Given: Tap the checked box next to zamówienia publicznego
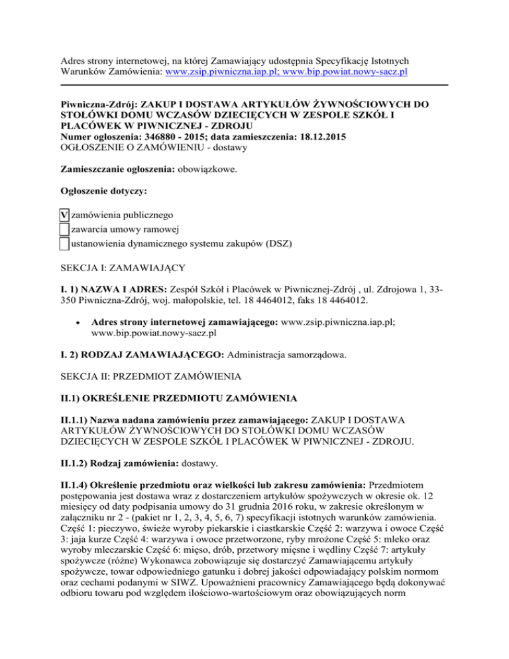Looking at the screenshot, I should pos(64,215).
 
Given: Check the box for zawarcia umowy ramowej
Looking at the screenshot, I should pos(64,229).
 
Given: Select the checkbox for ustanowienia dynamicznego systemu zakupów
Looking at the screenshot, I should pos(64,243).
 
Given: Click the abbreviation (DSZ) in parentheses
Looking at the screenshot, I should pos(274,243).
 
